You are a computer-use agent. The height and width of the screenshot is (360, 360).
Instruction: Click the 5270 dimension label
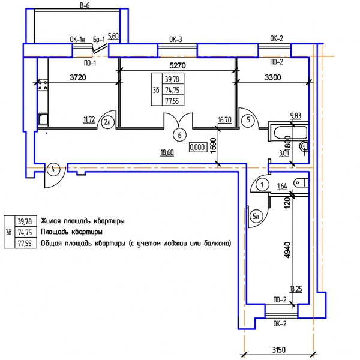(x=177, y=65)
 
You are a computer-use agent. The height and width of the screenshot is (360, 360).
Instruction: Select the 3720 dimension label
(x=78, y=77)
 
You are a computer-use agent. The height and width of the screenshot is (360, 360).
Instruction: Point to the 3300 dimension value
(x=272, y=77)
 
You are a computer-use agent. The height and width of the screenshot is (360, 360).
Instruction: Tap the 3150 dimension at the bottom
(x=279, y=350)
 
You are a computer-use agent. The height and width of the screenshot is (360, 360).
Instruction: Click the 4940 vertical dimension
(x=287, y=250)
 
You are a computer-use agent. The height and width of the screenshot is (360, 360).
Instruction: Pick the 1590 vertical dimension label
(x=213, y=146)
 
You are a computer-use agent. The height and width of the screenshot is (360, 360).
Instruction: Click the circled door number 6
(x=179, y=135)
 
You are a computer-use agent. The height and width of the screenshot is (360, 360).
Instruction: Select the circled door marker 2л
(x=107, y=122)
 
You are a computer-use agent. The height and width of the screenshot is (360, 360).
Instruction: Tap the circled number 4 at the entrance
(x=53, y=169)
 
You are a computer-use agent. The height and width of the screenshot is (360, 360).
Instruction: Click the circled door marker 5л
(x=256, y=216)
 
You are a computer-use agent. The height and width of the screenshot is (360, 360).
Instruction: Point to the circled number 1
(x=262, y=185)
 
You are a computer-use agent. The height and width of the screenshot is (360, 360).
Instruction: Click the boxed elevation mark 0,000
(x=197, y=147)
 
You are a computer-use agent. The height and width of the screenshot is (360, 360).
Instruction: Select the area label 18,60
(x=167, y=152)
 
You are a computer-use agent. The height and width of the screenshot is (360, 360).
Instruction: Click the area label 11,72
(x=89, y=119)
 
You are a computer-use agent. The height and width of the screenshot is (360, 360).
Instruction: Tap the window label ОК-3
(x=176, y=40)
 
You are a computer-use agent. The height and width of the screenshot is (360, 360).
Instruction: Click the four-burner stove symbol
(x=43, y=85)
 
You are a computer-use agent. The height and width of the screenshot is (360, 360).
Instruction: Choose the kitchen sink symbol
(x=43, y=119)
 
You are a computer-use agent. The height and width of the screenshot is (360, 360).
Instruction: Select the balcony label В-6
(x=85, y=6)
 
